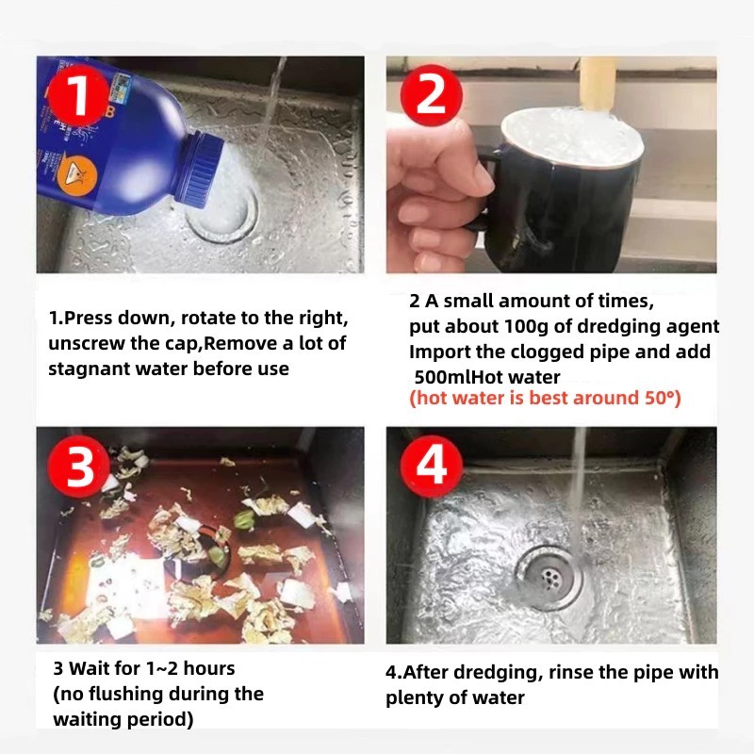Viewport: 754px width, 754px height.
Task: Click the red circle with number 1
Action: (79, 96)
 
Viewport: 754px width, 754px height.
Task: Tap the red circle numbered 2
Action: (432, 96)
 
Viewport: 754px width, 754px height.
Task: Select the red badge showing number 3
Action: (79, 466)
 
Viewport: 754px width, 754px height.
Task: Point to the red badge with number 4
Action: (432, 466)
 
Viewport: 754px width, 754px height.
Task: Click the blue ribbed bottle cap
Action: (199, 167)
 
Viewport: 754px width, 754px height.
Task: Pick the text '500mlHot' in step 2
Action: (487, 377)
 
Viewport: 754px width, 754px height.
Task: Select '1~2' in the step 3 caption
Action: (161, 668)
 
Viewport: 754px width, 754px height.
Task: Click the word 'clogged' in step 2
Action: (542, 352)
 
